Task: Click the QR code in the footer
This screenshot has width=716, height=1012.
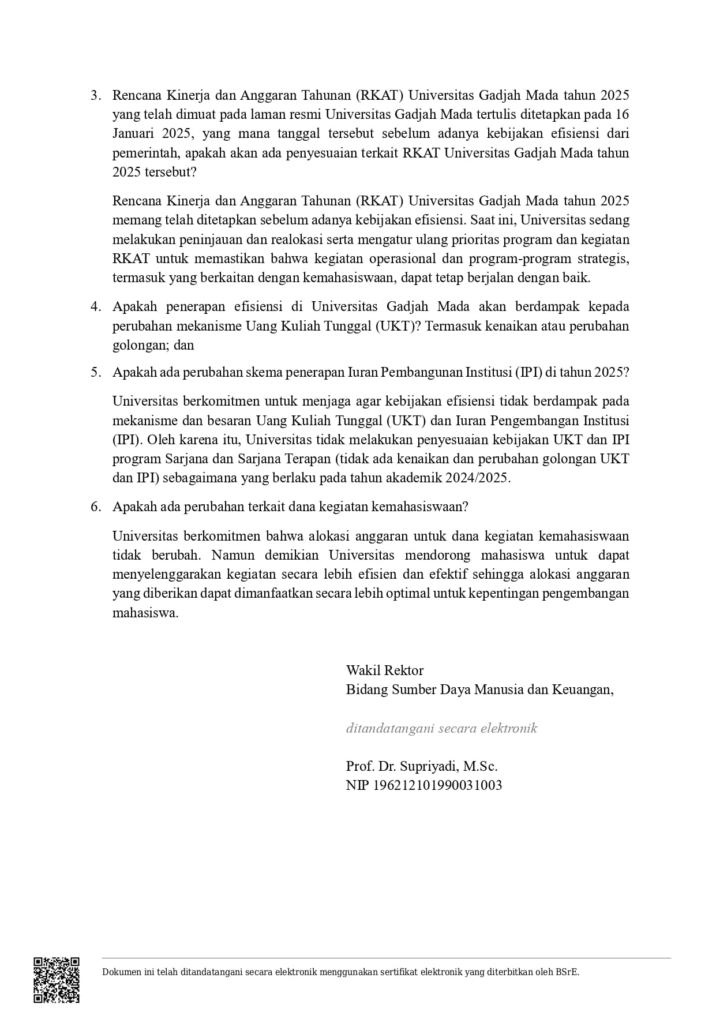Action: click(56, 980)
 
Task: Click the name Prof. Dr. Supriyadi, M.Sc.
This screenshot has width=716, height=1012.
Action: click(421, 766)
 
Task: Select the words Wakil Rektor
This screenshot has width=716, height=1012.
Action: click(384, 670)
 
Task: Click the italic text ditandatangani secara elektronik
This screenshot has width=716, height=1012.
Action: click(441, 728)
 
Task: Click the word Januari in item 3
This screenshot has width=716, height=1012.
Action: click(134, 134)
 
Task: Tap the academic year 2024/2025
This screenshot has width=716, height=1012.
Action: click(477, 478)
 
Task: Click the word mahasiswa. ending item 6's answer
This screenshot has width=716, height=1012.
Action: click(145, 613)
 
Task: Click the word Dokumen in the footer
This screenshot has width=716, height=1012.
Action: click(121, 972)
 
